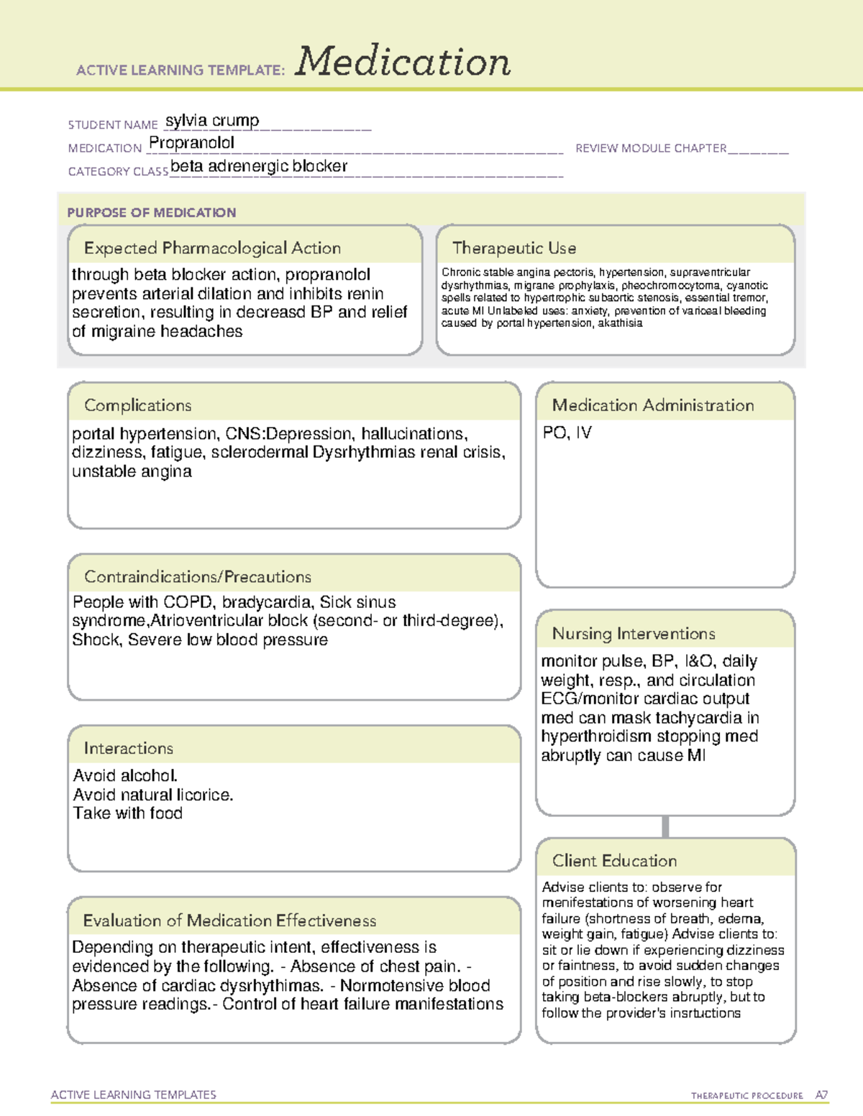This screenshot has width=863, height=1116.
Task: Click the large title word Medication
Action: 403,62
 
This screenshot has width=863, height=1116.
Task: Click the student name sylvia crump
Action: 212,121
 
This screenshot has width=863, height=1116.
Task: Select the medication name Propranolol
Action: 191,143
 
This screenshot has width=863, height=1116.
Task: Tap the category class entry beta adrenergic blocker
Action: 259,166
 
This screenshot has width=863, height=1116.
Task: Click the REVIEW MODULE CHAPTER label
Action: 651,148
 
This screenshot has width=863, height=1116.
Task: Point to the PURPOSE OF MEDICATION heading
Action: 152,213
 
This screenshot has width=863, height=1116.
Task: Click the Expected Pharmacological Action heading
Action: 212,248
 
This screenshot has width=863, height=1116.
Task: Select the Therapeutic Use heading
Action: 514,248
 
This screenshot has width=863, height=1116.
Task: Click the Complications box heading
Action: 138,405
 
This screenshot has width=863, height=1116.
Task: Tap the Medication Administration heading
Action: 653,405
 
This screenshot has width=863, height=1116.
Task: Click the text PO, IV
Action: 567,433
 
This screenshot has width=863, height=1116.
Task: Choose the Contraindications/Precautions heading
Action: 198,576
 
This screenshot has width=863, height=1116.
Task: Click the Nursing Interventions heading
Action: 634,633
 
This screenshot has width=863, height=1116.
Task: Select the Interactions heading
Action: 129,748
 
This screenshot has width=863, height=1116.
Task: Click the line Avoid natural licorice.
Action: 153,795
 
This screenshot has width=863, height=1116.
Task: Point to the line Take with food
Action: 128,813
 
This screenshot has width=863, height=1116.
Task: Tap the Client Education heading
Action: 614,860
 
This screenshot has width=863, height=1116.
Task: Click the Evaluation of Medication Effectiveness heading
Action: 229,921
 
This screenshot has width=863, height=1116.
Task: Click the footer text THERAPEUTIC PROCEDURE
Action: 746,1096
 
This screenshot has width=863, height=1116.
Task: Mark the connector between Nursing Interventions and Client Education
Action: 665,826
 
